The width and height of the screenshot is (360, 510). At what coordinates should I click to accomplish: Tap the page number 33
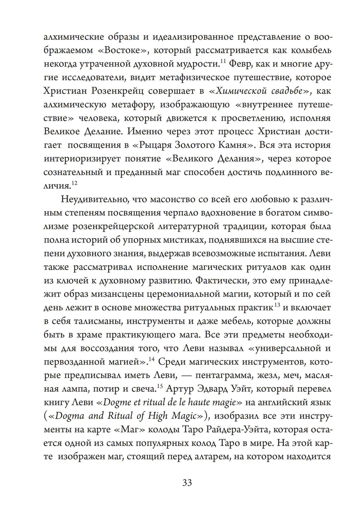click(187, 482)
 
